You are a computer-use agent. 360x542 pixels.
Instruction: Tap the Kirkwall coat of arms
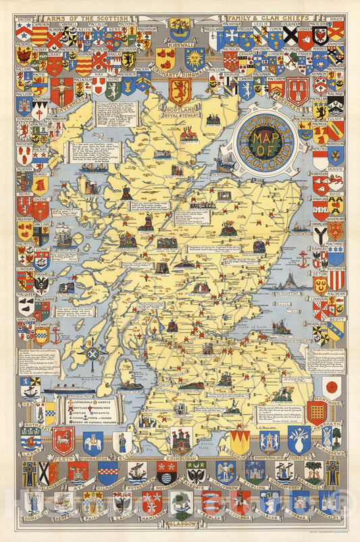(x=180, y=29)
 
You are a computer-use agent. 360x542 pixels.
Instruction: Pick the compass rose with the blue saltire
(x=93, y=353)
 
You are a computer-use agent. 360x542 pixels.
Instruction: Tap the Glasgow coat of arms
(x=180, y=504)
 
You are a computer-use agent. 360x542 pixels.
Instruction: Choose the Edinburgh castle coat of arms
(x=180, y=440)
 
